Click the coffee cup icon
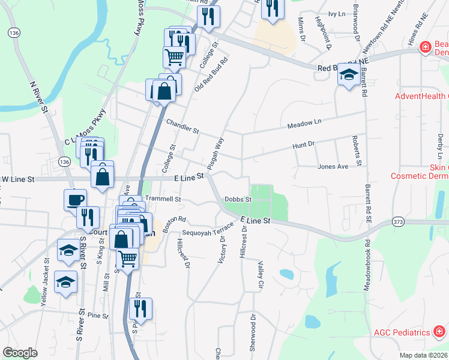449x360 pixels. [x=76, y=200]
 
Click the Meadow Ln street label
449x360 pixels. [x=304, y=123]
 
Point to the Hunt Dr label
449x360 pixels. [x=303, y=145]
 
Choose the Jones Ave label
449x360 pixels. [x=333, y=166]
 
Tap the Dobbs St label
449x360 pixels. [x=237, y=199]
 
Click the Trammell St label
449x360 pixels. [x=162, y=199]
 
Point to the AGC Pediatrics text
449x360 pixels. [x=402, y=332]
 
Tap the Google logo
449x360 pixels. [x=20, y=353]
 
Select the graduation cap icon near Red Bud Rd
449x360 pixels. [x=348, y=75]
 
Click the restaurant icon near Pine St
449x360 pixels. [x=140, y=309]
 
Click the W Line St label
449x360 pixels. [x=18, y=179]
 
